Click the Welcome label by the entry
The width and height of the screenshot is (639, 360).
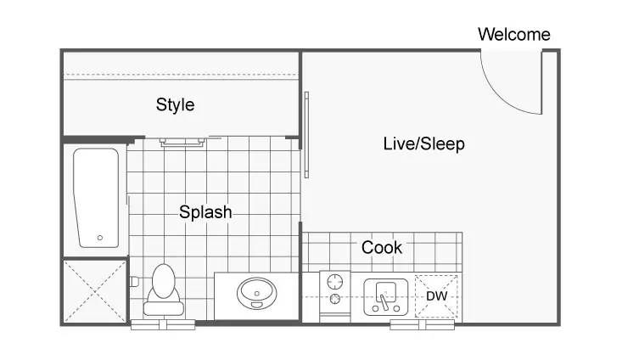click(514, 34)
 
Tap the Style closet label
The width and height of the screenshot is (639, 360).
click(175, 104)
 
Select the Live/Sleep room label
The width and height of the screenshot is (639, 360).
click(423, 144)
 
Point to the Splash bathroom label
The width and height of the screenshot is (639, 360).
click(205, 212)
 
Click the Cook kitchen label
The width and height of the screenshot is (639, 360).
click(382, 247)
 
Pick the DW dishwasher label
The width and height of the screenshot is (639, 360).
click(436, 296)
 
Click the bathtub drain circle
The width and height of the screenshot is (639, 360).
click(100, 237)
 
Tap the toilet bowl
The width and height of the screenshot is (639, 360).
click(164, 280)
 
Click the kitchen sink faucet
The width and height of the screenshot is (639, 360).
click(384, 301)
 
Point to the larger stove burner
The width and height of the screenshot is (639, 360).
click(335, 281)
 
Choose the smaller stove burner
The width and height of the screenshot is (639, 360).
click(335, 299)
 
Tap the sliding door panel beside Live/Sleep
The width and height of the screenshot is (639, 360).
click(306, 134)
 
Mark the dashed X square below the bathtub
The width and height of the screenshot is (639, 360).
click(95, 291)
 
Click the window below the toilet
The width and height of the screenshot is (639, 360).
click(163, 324)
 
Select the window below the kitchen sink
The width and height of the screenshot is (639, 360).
click(423, 324)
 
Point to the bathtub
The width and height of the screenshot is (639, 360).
click(96, 198)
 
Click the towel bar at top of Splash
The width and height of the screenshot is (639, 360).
click(182, 142)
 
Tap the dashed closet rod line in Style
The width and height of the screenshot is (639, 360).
click(182, 75)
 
